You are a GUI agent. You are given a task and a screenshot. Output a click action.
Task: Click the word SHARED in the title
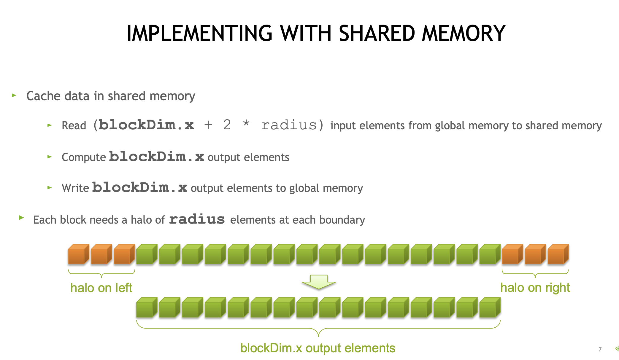377,33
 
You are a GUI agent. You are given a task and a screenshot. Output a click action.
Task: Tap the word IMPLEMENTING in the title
199,33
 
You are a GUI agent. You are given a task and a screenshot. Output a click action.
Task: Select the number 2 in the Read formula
227,125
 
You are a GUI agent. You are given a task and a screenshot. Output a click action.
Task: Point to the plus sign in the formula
208,125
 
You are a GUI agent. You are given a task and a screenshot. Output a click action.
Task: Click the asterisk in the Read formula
246,123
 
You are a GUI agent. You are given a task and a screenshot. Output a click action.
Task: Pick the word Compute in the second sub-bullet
84,157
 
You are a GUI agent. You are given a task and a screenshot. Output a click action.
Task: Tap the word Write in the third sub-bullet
75,188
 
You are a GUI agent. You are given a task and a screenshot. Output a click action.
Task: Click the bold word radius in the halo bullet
197,219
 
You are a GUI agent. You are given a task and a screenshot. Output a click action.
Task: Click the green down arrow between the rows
318,282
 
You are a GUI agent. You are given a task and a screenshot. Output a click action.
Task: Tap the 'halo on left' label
101,288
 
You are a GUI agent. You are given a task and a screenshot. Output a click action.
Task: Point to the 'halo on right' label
535,287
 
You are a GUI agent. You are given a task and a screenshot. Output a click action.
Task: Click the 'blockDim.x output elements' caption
318,348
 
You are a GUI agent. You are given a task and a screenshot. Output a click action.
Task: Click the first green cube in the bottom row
146,308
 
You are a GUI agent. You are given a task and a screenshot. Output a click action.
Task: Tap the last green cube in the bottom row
489,308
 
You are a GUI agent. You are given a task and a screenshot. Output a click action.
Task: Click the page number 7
600,349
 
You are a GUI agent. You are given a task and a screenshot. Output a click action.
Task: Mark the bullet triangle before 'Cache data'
14,95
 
